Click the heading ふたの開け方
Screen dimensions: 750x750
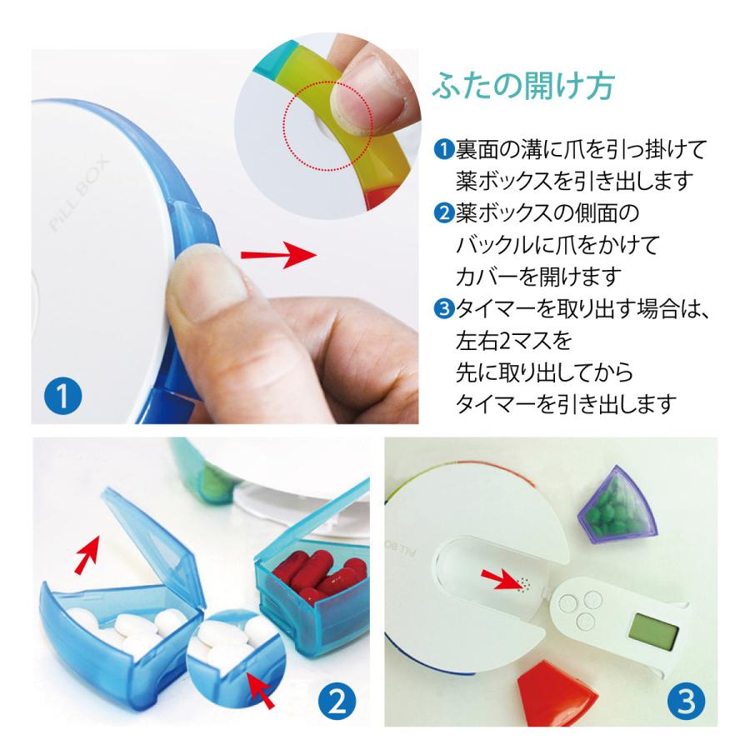click(x=524, y=87)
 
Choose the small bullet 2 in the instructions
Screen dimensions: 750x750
click(x=443, y=213)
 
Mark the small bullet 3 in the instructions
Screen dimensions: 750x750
click(x=443, y=309)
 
